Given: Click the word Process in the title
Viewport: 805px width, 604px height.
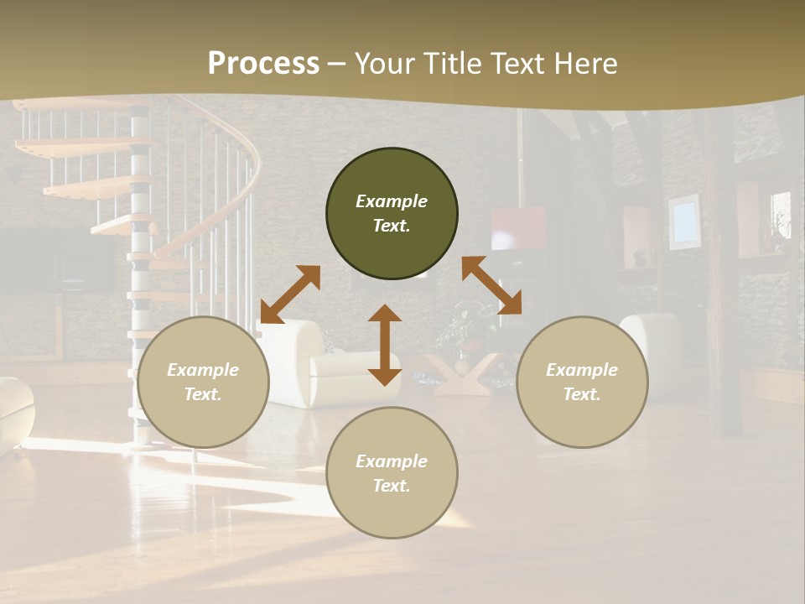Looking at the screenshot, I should click(x=263, y=64).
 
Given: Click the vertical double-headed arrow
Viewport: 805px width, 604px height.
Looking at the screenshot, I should click(x=385, y=345).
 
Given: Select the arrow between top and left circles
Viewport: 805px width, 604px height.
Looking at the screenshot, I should click(x=290, y=294).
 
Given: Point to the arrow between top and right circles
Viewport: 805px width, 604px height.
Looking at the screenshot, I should click(x=491, y=285).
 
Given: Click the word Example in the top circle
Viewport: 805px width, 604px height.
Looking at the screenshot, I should click(x=392, y=201).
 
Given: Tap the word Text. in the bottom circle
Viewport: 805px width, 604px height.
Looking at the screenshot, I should click(x=392, y=486).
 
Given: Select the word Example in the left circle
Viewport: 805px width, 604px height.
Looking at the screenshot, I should click(x=203, y=370).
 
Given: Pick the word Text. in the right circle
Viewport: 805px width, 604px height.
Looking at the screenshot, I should click(x=582, y=394).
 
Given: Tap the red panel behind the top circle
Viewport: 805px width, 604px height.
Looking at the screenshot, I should click(x=517, y=227).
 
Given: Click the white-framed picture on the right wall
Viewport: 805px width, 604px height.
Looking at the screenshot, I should click(x=684, y=221).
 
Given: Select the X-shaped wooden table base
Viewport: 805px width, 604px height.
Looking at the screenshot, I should click(x=460, y=374).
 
